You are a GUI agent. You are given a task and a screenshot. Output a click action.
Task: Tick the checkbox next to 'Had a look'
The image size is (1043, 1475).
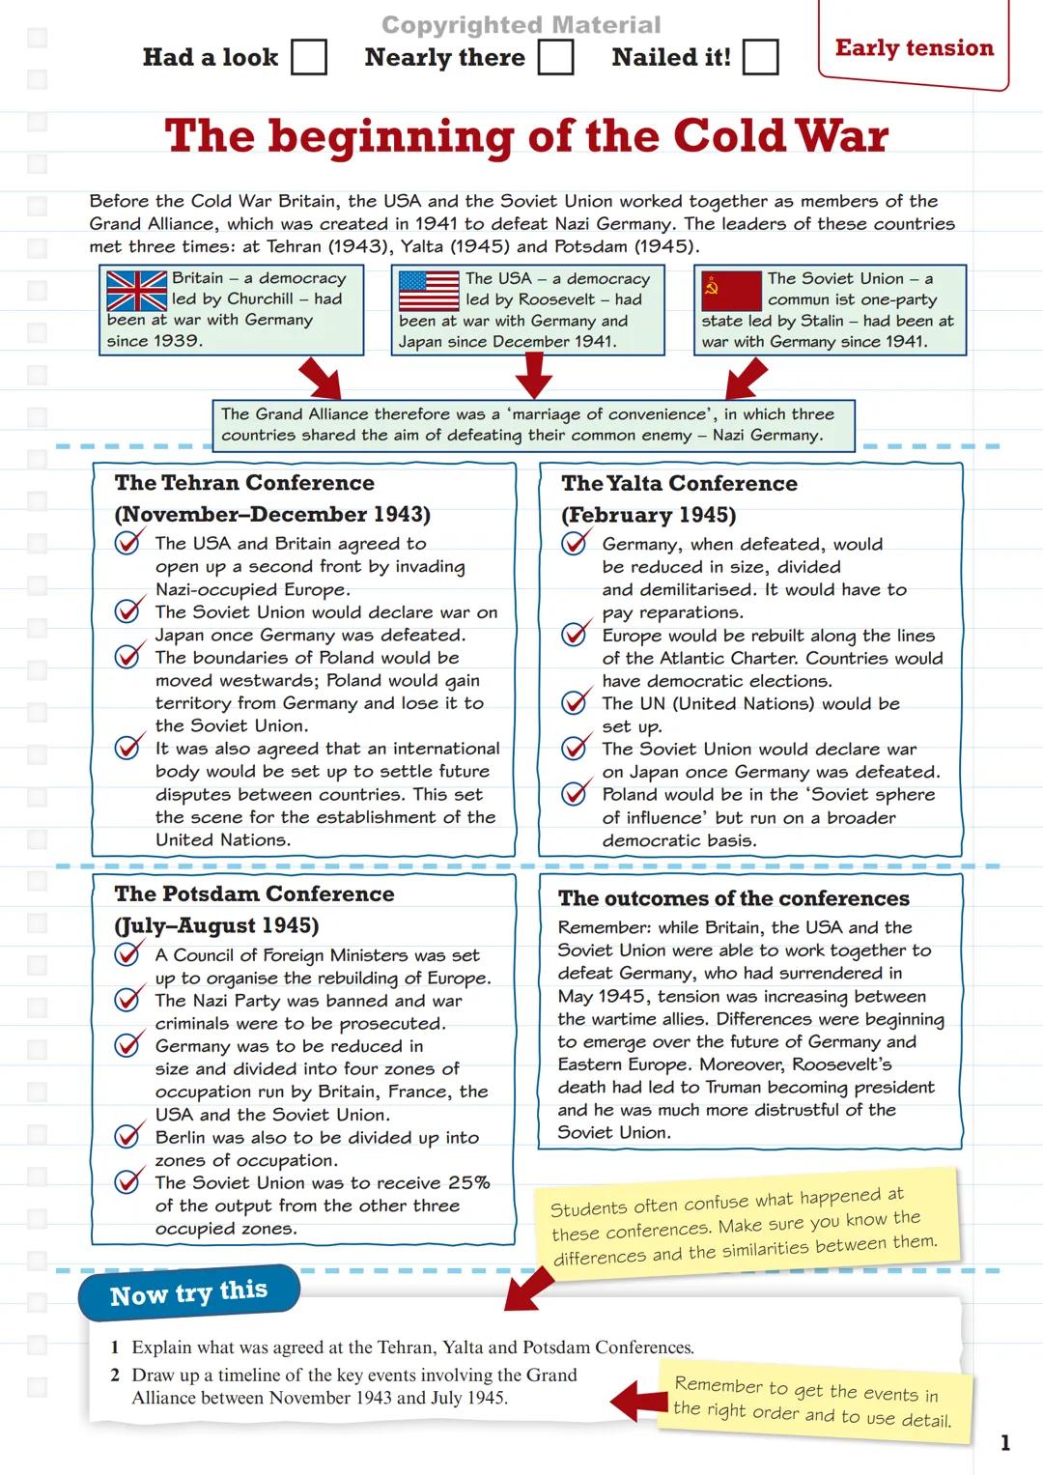pos(309,57)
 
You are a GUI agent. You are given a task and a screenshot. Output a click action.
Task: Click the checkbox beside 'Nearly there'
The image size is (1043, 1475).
pos(555,57)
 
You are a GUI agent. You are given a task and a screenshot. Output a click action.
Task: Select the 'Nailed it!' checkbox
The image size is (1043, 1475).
pos(760,57)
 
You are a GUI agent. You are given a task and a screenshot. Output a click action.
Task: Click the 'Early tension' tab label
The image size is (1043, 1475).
pos(914,48)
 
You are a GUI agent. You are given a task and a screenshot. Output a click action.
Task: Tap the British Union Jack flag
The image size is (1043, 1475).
pos(136,290)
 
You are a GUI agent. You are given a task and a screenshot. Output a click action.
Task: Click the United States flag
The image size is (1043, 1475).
pos(429,290)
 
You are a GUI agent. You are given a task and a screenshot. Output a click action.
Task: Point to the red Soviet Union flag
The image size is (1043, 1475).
pos(731,291)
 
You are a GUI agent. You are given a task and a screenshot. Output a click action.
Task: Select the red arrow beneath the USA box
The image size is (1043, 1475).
pos(533,376)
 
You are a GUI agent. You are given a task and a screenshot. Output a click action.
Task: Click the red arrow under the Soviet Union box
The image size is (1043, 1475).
pos(745,378)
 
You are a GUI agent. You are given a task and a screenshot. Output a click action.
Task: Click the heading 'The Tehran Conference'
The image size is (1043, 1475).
pos(244,483)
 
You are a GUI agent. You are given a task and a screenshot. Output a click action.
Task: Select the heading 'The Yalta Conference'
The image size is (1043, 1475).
pos(679,484)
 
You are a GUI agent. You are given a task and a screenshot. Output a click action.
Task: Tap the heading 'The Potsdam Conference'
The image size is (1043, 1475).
pos(254,894)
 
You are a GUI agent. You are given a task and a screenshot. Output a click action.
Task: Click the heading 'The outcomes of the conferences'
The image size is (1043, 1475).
pos(733,898)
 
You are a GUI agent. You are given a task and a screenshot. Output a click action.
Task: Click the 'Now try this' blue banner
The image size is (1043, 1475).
pos(189,1293)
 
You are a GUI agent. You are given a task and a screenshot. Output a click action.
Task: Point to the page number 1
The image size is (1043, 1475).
pos(1005,1443)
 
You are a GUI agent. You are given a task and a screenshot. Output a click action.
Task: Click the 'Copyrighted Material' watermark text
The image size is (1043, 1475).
pos(521,25)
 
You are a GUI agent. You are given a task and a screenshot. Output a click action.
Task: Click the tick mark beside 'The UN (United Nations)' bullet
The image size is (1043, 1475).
pos(575,702)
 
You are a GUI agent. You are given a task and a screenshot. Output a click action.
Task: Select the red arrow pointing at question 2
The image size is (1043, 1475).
pos(638,1400)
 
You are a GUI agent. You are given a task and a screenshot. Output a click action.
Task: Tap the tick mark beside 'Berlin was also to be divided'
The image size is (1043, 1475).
pos(127,1136)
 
